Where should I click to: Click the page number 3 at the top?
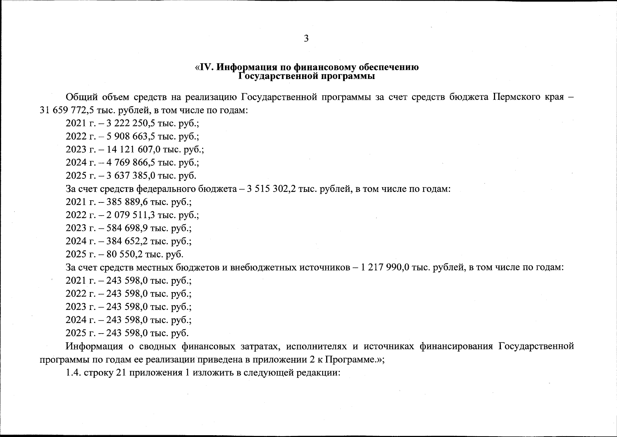click(x=306, y=38)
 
